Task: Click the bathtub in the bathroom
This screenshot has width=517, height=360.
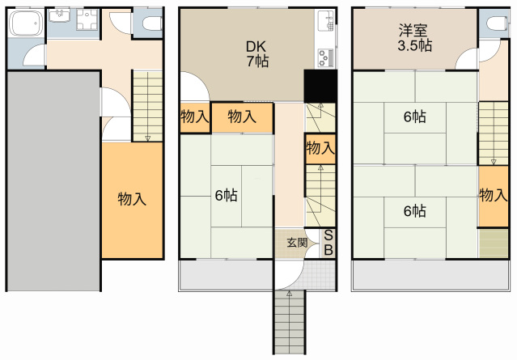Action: [x=26, y=23]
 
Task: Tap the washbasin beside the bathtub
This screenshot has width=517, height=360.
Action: [x=59, y=15]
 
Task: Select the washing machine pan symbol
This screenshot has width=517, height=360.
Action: [x=87, y=19]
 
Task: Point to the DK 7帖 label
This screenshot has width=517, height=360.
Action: [x=257, y=54]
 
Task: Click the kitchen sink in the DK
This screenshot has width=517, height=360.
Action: [x=326, y=20]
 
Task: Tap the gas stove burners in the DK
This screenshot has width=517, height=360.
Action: [x=326, y=57]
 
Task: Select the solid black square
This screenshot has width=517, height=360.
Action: [x=320, y=86]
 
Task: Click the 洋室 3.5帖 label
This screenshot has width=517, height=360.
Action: [x=414, y=38]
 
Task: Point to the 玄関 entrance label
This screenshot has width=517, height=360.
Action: [x=297, y=243]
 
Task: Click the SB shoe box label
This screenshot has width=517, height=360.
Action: [x=328, y=243]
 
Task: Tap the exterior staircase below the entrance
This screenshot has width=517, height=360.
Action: [x=289, y=322]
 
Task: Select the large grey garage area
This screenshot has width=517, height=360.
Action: [x=53, y=181]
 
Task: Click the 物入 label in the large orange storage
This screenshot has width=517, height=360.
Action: [x=132, y=199]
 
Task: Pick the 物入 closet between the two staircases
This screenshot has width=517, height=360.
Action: [x=320, y=149]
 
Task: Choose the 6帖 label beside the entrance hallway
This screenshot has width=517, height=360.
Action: [x=227, y=196]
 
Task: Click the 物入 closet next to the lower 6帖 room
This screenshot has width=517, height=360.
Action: [x=494, y=196]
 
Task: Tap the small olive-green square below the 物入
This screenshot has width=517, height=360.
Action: [x=494, y=243]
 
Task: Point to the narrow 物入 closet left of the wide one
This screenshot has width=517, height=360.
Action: [x=195, y=117]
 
